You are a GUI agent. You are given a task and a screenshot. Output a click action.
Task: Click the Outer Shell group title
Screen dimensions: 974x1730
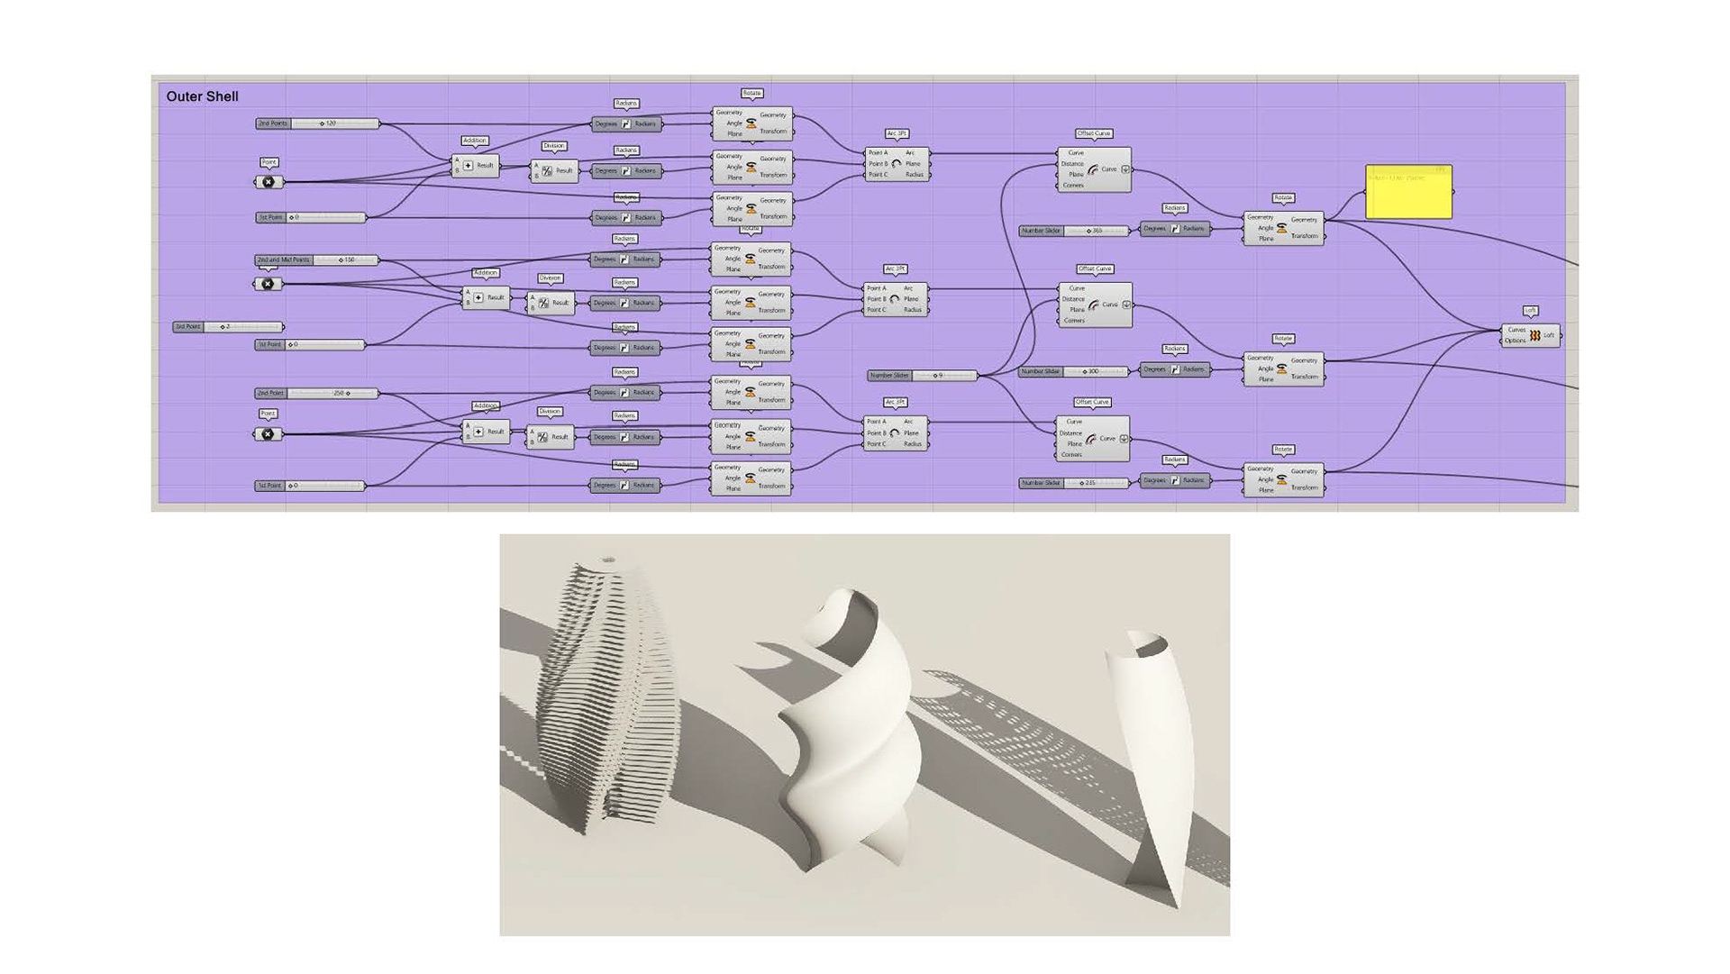(202, 96)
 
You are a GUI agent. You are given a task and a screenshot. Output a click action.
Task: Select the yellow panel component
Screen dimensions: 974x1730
(1408, 192)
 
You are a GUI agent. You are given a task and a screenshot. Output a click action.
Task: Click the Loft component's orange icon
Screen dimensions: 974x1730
(1534, 335)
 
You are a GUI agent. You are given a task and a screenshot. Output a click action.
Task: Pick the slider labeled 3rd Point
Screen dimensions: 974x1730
(228, 327)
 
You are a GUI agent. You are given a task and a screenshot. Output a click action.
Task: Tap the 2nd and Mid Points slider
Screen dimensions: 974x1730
(316, 260)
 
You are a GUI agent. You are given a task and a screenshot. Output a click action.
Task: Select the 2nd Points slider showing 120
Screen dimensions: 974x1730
(317, 123)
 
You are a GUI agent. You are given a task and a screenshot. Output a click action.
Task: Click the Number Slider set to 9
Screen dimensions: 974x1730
(922, 376)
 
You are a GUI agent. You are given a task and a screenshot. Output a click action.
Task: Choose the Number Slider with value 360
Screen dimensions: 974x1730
(1073, 232)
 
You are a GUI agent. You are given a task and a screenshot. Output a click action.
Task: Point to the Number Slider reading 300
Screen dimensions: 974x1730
(1072, 371)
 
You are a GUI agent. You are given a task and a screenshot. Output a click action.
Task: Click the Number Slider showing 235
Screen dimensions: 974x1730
(1072, 483)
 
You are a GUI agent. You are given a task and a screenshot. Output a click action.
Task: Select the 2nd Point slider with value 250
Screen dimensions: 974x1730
(316, 394)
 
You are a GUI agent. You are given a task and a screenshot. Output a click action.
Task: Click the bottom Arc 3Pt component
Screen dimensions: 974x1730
(896, 433)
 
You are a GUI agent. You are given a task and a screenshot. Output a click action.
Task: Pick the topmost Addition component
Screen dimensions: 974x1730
(475, 166)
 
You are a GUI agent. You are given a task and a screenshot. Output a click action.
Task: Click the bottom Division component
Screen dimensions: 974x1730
(550, 437)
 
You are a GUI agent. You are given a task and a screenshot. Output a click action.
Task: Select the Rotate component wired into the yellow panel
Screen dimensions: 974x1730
(1283, 228)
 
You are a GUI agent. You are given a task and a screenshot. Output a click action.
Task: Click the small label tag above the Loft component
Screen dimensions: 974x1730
(1530, 311)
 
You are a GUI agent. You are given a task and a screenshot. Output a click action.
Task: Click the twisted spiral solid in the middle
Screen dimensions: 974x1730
(847, 730)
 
